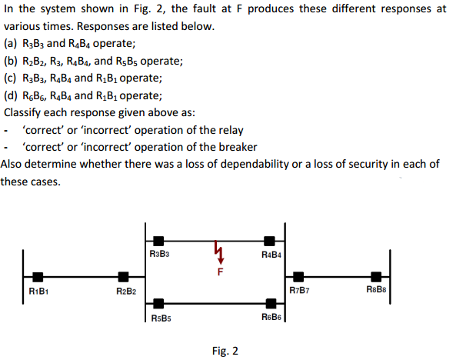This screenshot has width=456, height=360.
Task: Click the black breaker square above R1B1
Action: pos(38,277)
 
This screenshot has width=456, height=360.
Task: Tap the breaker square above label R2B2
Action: pos(123,277)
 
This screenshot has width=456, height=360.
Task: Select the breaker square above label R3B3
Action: pos(158,241)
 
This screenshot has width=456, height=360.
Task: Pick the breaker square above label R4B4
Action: pos(269,241)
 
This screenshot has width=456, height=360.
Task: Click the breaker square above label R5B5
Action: pos(158,304)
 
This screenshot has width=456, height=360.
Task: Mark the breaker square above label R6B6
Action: pos(271,304)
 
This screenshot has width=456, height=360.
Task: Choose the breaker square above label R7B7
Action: pos(298,277)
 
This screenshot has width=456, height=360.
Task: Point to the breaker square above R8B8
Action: pos(376,277)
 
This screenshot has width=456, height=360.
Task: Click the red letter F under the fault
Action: pos(221,272)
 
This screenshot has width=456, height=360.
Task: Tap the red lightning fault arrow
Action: pos(218,252)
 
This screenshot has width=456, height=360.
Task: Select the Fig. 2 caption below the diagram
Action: pos(225,351)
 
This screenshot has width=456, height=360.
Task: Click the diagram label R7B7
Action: pos(300,290)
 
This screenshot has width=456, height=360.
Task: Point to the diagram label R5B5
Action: pos(161,318)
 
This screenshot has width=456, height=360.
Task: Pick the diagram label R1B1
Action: pos(38,291)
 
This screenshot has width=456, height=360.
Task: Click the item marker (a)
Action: pos(11,44)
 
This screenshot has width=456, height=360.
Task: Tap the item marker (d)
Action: pos(11,95)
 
